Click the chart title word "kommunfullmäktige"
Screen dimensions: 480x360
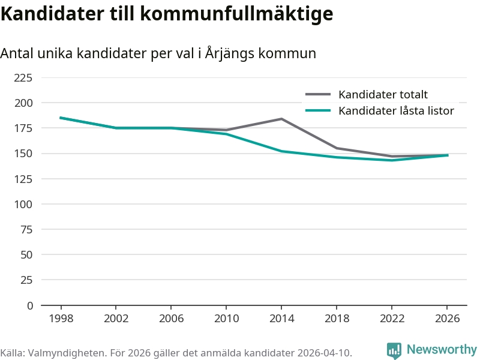coord(236,14)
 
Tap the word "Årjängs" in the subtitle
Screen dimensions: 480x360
coord(230,53)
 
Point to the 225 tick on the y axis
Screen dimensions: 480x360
coord(23,78)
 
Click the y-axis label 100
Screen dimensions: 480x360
coord(23,204)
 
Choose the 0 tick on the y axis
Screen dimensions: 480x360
coord(29,305)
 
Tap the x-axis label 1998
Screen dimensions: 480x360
coord(61,319)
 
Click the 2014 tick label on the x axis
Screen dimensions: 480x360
coord(281,319)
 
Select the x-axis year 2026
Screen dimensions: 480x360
coord(447,319)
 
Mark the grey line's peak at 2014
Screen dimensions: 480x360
coord(281,119)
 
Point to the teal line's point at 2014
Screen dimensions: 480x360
coord(281,151)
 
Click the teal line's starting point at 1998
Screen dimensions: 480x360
coord(61,118)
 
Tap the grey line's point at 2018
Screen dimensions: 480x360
coord(337,148)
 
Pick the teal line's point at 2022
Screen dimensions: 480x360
coord(392,160)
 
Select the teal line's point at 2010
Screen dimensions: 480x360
coord(226,134)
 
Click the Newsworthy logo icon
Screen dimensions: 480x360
coord(394,350)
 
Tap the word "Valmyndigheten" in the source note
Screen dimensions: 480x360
coord(67,353)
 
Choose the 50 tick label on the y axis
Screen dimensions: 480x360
coord(26,254)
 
